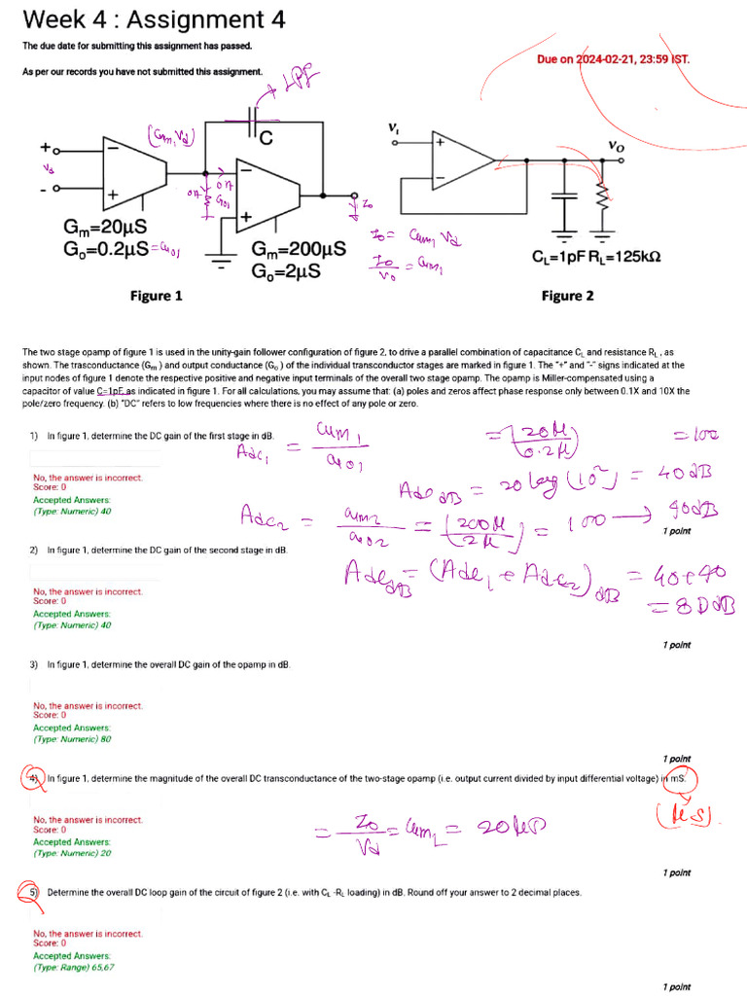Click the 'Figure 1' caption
pyautogui.click(x=156, y=296)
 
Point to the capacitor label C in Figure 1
pyautogui.click(x=265, y=138)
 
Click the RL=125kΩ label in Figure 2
pyautogui.click(x=627, y=259)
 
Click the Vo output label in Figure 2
pyautogui.click(x=616, y=145)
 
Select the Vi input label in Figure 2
pyautogui.click(x=393, y=127)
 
